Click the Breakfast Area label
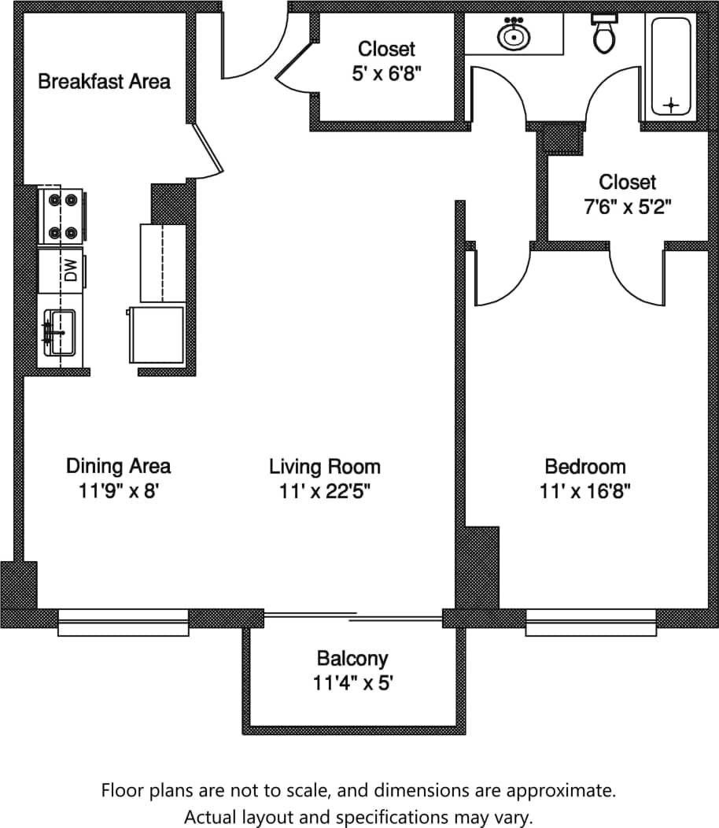point(104,81)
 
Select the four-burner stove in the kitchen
point(62,216)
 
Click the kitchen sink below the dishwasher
point(60,333)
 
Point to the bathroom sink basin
point(513,35)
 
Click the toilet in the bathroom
point(604,34)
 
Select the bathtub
point(671,66)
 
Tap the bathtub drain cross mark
point(671,104)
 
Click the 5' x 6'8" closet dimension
point(386,74)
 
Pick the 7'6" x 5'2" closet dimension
point(626,207)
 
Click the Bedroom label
point(585,466)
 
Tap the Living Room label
point(324,466)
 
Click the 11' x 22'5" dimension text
point(324,492)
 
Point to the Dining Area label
point(118,466)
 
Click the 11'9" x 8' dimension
point(118,492)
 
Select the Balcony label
point(352,657)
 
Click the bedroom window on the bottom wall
point(591,623)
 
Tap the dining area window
point(124,623)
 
